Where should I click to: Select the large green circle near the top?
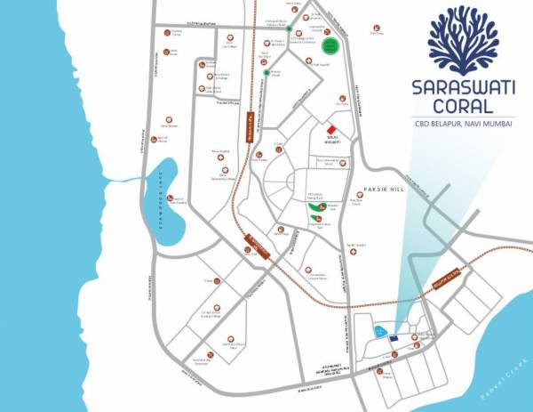click(330, 45)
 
